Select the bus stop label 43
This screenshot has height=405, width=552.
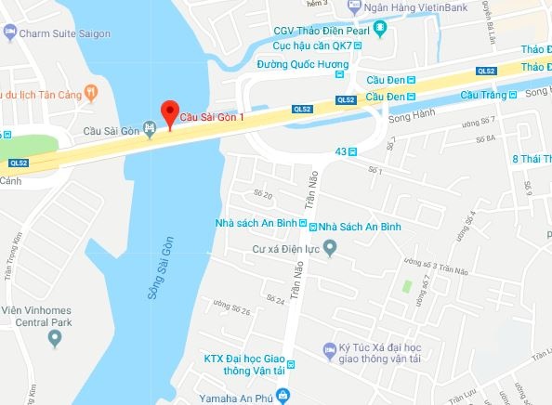coord(340,151)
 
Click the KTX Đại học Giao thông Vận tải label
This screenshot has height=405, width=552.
coord(243,365)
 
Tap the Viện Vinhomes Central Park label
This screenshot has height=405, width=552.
coord(44,318)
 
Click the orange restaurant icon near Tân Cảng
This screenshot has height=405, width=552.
coord(90,92)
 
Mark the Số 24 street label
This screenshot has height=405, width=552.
coord(274,300)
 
